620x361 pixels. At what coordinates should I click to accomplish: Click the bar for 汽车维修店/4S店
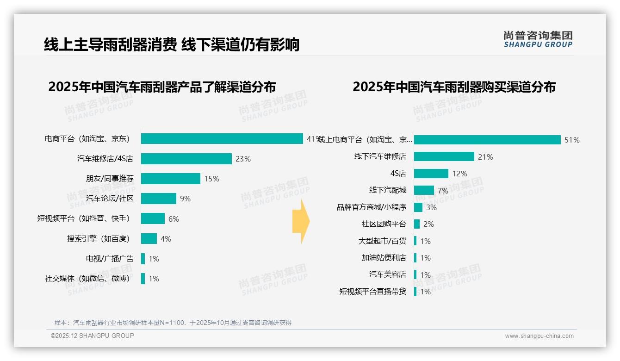[186, 159]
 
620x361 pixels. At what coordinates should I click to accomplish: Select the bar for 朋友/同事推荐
[170, 179]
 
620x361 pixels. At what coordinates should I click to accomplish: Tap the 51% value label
[572, 140]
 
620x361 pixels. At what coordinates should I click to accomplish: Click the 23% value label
[243, 159]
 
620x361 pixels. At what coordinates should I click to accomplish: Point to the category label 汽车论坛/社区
[110, 199]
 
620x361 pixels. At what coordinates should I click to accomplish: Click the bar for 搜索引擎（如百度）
[149, 239]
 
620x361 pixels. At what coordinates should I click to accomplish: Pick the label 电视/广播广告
[110, 259]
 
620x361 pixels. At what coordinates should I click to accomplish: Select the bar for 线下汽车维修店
[444, 157]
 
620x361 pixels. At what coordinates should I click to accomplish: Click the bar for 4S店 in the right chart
[431, 174]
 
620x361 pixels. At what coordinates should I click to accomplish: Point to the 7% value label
[443, 191]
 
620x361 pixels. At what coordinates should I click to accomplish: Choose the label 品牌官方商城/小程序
[372, 207]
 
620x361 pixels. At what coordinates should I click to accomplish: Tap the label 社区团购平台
[384, 224]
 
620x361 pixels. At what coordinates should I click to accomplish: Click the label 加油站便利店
[384, 258]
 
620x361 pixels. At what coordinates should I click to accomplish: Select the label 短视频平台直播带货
[372, 292]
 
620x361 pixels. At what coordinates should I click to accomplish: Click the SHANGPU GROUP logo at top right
[538, 39]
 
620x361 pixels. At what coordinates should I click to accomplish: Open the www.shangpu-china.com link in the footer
[539, 336]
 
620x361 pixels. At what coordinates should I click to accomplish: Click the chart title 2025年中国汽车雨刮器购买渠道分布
[454, 87]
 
